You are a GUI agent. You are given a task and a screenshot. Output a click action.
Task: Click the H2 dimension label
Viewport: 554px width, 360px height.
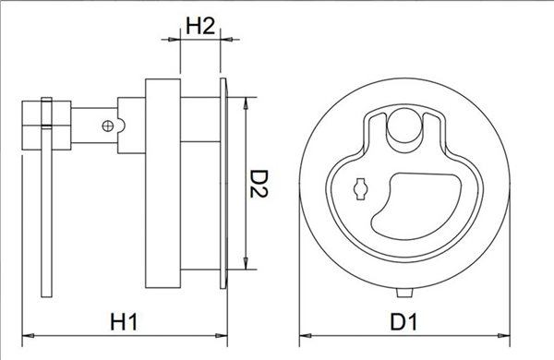200,25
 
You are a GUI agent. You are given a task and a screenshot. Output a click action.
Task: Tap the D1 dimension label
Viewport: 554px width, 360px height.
403,320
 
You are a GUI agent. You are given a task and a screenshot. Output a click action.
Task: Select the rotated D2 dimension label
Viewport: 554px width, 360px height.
259,184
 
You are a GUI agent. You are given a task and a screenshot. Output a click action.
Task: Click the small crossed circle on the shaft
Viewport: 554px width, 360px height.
108,126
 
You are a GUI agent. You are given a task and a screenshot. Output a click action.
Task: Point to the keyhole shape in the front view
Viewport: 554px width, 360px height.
360,189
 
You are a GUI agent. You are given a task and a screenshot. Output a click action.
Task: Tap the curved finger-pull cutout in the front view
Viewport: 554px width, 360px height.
416,206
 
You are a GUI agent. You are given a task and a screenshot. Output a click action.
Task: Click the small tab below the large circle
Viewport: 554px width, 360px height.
404,293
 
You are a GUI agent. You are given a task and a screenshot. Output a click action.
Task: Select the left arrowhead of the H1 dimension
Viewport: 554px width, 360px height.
29,335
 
